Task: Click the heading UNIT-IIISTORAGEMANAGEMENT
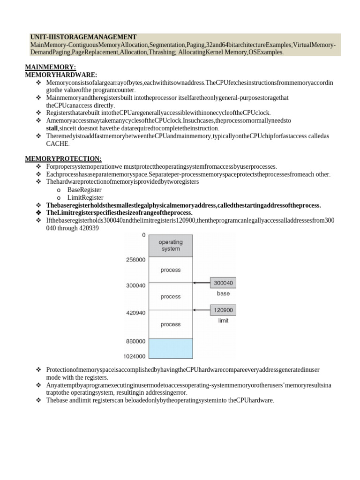(x=83, y=37)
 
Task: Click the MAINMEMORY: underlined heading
(x=50, y=67)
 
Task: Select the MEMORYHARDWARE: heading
(x=61, y=75)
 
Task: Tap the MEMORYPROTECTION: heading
(x=63, y=159)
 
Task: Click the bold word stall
(x=52, y=128)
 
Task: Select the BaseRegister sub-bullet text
(x=84, y=190)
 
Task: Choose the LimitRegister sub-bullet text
(x=85, y=197)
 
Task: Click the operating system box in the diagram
(x=170, y=246)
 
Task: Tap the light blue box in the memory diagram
(x=170, y=348)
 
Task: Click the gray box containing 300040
(x=224, y=283)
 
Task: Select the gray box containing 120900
(x=224, y=310)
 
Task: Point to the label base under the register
(x=223, y=294)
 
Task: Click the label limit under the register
(x=224, y=321)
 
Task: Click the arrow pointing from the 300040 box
(x=202, y=283)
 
